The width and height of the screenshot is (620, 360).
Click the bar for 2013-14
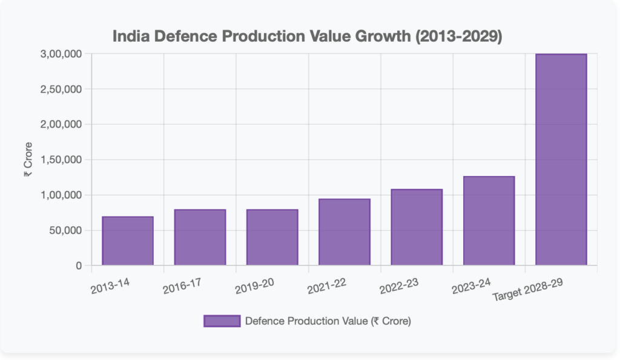pyautogui.click(x=128, y=241)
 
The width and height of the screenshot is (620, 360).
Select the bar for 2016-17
pyautogui.click(x=200, y=237)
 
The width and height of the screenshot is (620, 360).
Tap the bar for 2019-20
pyautogui.click(x=272, y=237)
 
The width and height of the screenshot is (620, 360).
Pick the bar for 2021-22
pyautogui.click(x=345, y=232)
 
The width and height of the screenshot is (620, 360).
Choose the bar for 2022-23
pyautogui.click(x=417, y=227)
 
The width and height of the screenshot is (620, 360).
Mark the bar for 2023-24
pyautogui.click(x=489, y=221)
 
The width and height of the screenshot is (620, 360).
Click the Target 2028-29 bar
pyautogui.click(x=561, y=160)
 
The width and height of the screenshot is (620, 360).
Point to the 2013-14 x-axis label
pyautogui.click(x=110, y=286)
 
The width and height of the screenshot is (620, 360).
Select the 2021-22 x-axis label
pyautogui.click(x=327, y=286)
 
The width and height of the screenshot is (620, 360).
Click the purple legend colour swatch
pyautogui.click(x=221, y=321)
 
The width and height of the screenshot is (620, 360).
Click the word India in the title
pyautogui.click(x=130, y=37)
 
